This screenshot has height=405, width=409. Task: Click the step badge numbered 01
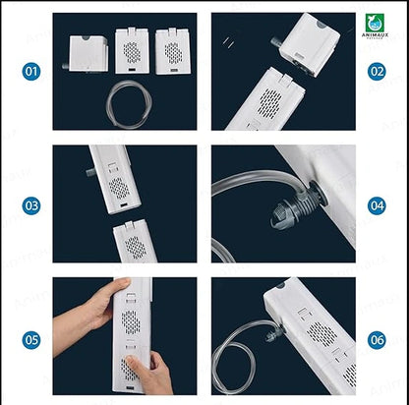[x=31, y=72]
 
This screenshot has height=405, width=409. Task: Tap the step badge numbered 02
[x=378, y=72]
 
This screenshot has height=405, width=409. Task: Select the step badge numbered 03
[x=31, y=205]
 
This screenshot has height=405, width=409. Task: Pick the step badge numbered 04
[x=378, y=205]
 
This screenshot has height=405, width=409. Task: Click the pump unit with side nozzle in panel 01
[x=83, y=52]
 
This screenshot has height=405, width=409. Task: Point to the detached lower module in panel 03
[x=132, y=242]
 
